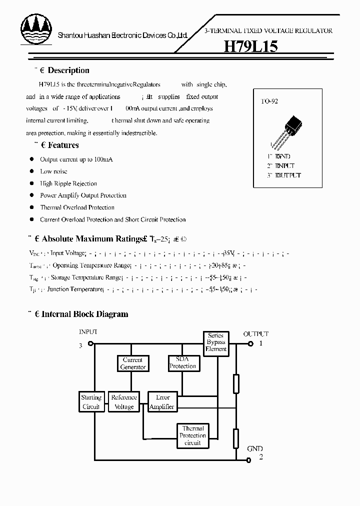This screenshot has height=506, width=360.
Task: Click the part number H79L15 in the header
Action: tap(250, 46)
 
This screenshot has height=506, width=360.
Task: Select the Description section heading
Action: tap(68, 70)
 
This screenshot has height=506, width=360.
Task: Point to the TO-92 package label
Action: tap(269, 101)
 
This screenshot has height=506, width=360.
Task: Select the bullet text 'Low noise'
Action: tap(53, 171)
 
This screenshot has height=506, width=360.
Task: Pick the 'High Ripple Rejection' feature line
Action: tap(68, 183)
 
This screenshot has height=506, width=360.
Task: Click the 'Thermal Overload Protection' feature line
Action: tap(77, 207)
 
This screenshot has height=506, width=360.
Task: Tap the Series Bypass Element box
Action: tap(215, 342)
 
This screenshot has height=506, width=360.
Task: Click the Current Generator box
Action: tap(132, 363)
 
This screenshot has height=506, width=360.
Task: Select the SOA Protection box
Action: tap(182, 363)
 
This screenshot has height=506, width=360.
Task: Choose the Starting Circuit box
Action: tap(91, 402)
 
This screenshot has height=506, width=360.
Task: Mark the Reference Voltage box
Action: tap(124, 402)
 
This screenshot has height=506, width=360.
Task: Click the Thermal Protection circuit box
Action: tap(192, 435)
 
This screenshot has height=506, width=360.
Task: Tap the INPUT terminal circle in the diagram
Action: tap(90, 343)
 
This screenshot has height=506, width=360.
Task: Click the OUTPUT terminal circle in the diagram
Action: tap(251, 343)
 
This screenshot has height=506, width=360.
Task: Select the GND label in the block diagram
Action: tap(254, 449)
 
